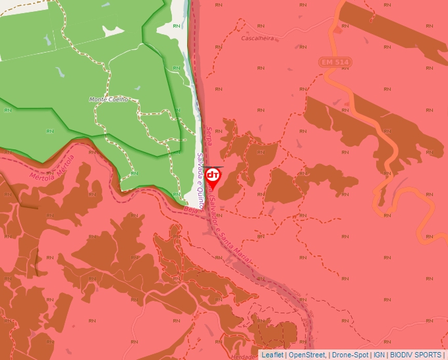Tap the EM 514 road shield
coord(335,62)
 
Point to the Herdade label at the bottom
coord(242,356)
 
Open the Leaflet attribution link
coord(272,355)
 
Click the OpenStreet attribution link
coord(307,355)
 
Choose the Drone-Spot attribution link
coord(350,355)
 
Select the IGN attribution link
coord(379,355)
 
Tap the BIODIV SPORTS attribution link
coord(415,355)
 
